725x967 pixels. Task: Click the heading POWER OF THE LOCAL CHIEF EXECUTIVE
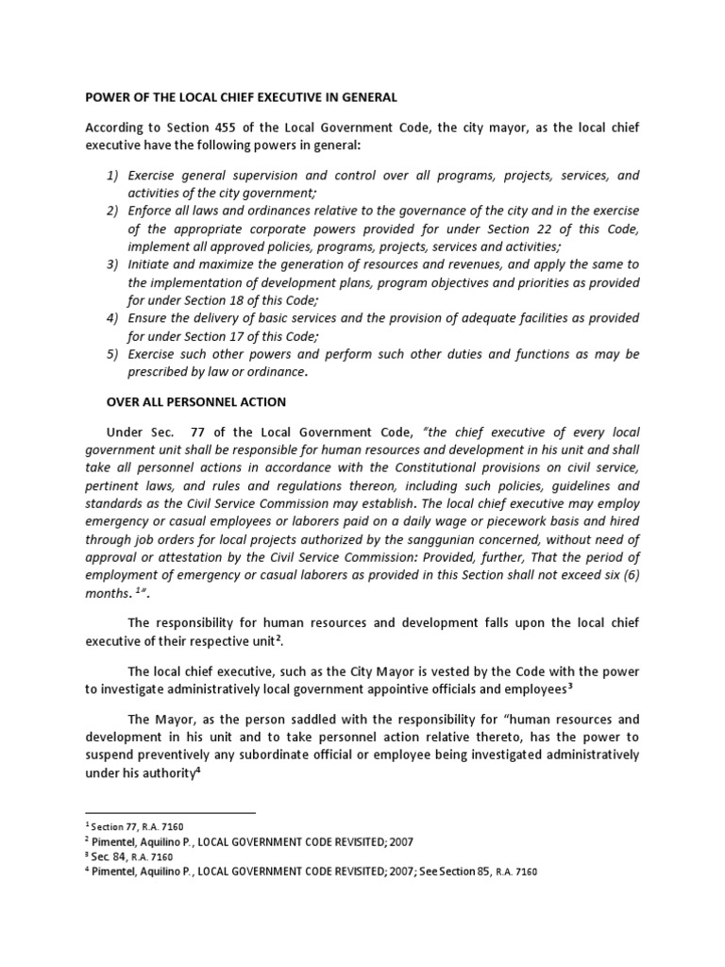[x=241, y=96]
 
